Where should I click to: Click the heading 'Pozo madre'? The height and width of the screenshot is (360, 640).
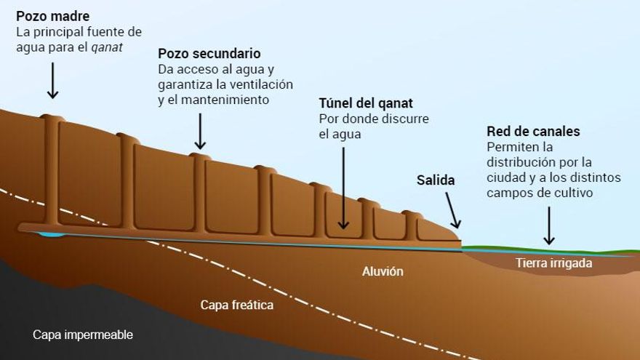52,16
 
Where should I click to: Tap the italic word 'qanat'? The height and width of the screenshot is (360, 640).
107,47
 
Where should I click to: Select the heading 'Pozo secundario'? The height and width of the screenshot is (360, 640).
209,54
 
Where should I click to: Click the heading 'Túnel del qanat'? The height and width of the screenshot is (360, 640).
366,103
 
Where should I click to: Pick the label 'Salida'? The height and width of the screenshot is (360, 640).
436,180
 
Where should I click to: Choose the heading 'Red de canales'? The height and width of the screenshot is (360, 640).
533,132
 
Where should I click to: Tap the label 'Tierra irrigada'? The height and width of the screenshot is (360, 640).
553,263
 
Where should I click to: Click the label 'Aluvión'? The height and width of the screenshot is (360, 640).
383,271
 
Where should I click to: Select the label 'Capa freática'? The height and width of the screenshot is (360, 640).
237,305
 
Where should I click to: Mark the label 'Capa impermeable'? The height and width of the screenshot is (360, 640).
83,335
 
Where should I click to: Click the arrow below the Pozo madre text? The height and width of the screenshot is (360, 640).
52,81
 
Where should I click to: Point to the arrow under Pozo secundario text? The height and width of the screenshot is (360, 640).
200,131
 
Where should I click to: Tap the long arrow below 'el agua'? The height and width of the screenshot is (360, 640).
343,188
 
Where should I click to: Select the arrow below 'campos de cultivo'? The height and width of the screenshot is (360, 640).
549,225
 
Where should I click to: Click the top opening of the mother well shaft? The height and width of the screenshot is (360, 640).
52,117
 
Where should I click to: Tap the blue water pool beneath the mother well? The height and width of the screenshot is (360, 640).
51,234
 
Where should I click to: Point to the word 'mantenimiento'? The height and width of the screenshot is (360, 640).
225,100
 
